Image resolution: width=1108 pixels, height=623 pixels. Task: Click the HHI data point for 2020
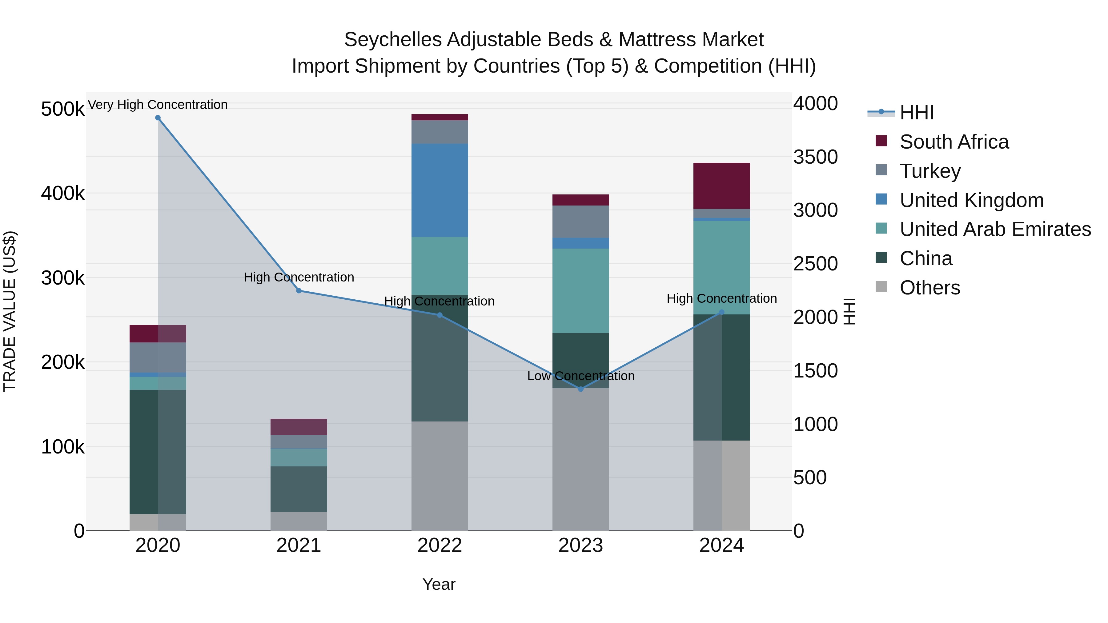click(158, 118)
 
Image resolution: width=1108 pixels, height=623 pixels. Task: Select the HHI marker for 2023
click(581, 389)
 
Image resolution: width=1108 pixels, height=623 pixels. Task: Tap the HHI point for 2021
click(299, 291)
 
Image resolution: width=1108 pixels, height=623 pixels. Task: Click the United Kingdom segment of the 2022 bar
click(440, 190)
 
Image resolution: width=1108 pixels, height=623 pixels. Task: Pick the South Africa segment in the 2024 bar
click(721, 186)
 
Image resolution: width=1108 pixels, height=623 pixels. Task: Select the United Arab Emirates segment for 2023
click(581, 291)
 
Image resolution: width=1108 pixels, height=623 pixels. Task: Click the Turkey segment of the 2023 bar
click(581, 222)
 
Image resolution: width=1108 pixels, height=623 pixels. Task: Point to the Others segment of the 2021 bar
click(299, 521)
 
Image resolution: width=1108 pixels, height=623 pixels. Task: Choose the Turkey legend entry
click(930, 171)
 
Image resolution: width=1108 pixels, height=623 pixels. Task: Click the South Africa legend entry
click(954, 142)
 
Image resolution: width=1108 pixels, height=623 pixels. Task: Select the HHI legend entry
click(916, 113)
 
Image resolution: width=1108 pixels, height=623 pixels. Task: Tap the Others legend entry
click(929, 288)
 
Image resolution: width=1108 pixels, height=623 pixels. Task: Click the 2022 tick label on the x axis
click(440, 545)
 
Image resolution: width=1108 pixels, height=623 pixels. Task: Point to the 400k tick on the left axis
click(63, 194)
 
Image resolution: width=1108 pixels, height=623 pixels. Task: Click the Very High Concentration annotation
click(158, 105)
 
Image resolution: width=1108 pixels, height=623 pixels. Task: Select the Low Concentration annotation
click(581, 376)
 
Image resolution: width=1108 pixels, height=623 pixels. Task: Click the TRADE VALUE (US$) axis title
click(10, 311)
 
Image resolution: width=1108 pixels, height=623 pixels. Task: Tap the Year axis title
click(439, 584)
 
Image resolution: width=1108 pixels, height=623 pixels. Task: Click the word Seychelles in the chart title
click(393, 40)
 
